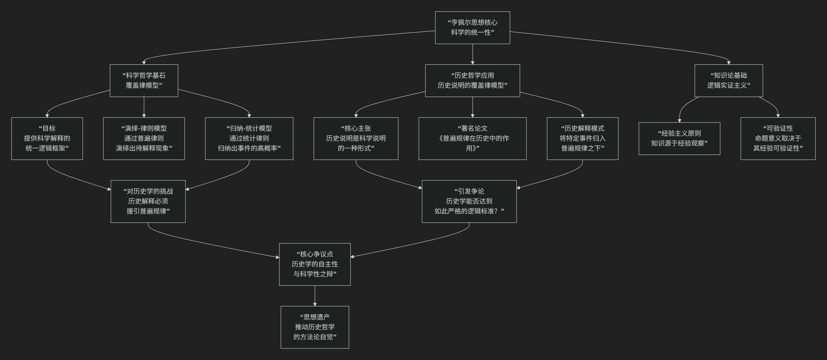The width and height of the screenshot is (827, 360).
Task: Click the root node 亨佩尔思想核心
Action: tap(472, 28)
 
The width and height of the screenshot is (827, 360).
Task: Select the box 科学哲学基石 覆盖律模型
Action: tap(144, 81)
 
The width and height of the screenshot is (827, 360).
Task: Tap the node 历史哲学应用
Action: tap(472, 81)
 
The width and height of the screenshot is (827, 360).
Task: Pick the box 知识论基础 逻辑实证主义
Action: tap(728, 81)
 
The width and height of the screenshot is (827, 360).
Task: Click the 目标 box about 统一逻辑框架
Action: tap(47, 138)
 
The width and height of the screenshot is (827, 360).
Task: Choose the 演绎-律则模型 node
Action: tap(144, 138)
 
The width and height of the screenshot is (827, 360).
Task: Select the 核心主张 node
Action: tap(356, 138)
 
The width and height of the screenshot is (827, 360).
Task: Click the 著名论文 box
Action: tap(472, 138)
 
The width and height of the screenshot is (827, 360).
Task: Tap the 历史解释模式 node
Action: tap(582, 138)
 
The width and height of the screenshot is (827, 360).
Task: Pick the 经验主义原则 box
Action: tap(679, 138)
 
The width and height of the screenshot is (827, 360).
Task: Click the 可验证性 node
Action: tap(778, 138)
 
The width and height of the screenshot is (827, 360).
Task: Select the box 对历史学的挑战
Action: tap(148, 201)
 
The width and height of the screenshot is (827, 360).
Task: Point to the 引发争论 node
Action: tap(469, 201)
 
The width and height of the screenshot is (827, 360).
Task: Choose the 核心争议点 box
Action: tap(315, 264)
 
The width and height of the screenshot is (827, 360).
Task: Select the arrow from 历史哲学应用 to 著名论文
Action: tap(472, 107)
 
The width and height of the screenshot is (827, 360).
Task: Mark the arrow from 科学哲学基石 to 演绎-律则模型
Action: tap(144, 107)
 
